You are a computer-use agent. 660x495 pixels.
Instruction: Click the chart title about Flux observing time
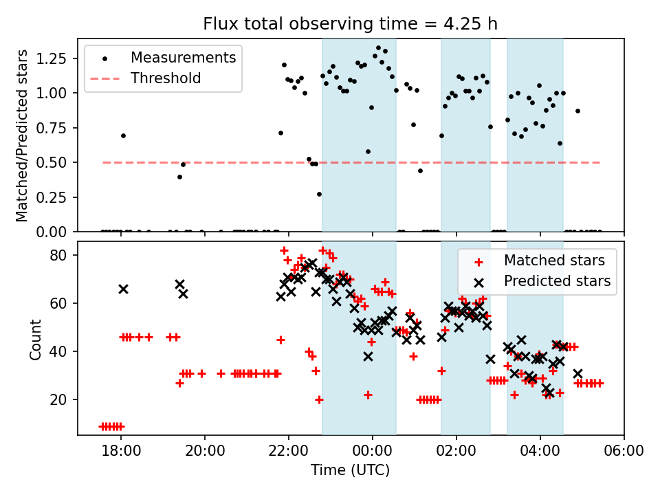(x=350, y=25)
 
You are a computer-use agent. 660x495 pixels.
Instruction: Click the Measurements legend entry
(x=183, y=57)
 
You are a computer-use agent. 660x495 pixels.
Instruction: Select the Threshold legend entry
(x=166, y=78)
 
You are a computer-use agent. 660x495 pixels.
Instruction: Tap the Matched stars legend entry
(x=554, y=261)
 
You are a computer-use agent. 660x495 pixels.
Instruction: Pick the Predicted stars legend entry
(x=557, y=281)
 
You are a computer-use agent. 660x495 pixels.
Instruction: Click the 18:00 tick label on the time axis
(x=121, y=452)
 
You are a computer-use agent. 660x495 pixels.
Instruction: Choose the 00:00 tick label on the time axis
(x=372, y=452)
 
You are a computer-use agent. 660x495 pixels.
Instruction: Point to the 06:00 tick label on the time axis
(x=624, y=452)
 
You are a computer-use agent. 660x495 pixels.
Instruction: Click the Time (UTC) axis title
(x=350, y=471)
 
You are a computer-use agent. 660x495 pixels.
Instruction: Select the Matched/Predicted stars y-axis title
(x=22, y=135)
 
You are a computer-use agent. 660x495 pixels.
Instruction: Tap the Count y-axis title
(x=35, y=339)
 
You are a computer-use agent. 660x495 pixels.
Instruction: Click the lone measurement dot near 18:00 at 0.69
(x=123, y=135)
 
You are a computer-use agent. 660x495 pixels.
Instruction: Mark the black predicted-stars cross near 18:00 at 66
(x=123, y=289)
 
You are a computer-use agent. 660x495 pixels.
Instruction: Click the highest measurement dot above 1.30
(x=378, y=48)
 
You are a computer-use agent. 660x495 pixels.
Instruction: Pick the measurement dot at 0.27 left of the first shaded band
(x=319, y=194)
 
